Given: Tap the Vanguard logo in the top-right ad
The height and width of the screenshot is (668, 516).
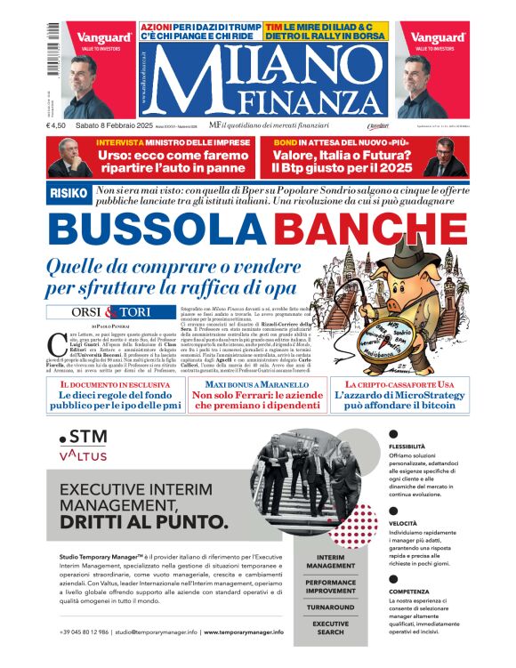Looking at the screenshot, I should [x=439, y=38].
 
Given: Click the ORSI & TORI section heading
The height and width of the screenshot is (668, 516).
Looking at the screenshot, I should [x=110, y=312].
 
